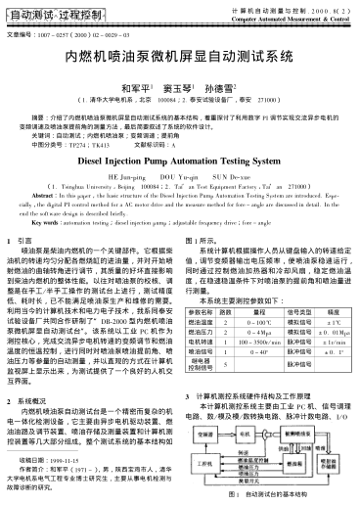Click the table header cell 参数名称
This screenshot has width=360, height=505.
pos(200,335)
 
